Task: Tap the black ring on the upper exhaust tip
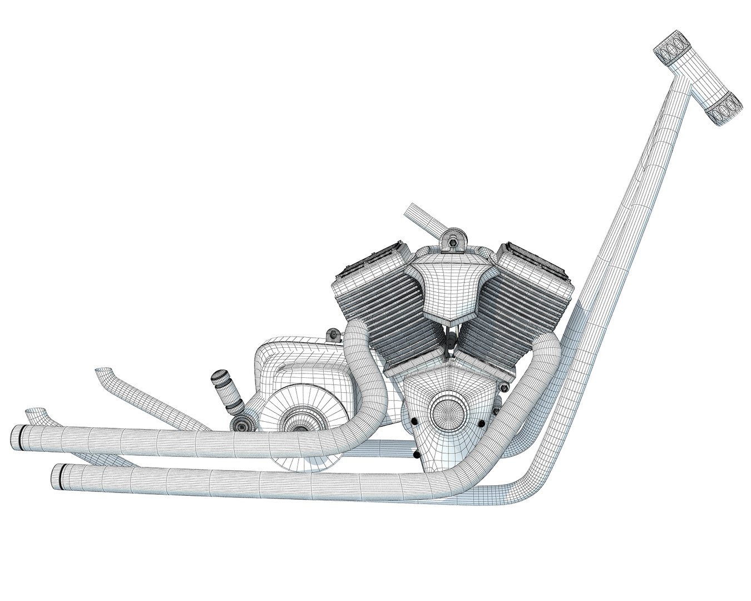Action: click(22, 437)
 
